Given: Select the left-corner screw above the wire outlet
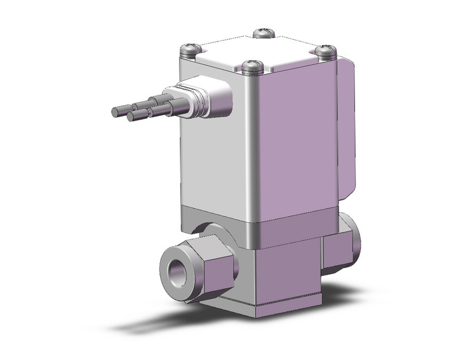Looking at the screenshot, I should point(190,48).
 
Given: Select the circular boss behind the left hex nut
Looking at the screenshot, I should point(212,233).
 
